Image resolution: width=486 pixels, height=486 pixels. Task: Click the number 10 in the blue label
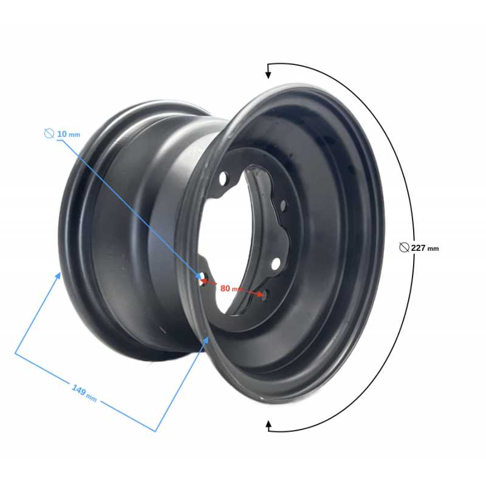[x=62, y=134]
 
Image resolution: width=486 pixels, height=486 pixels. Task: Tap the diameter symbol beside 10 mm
[x=49, y=133]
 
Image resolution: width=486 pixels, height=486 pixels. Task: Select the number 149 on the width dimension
[x=79, y=390]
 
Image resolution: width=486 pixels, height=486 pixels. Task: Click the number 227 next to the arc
[x=418, y=248]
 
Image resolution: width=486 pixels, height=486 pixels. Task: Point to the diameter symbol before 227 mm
[x=404, y=247]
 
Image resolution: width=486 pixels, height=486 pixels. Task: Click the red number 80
[x=225, y=288]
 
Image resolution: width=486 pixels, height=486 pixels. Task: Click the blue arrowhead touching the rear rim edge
[x=58, y=276]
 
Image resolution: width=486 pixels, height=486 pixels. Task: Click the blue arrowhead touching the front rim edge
[x=206, y=341]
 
